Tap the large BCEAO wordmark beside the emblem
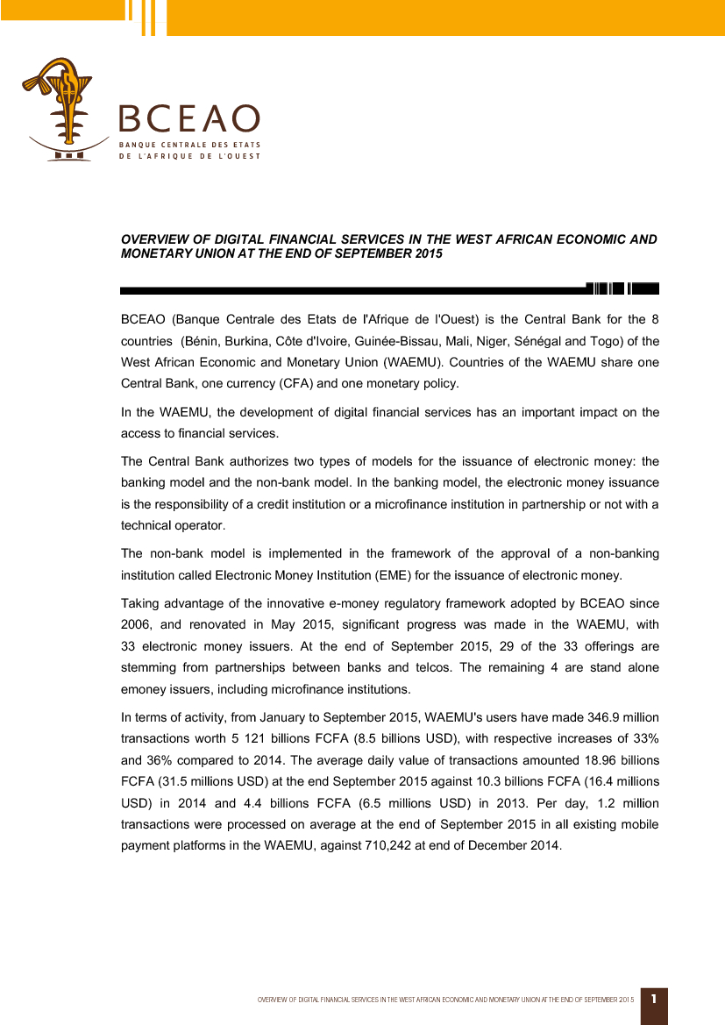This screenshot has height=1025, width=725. (189, 119)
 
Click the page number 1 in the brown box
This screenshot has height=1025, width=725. (654, 999)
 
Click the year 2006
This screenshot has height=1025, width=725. (137, 625)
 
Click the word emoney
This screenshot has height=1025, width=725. (144, 689)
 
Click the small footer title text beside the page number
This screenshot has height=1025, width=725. (444, 1000)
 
